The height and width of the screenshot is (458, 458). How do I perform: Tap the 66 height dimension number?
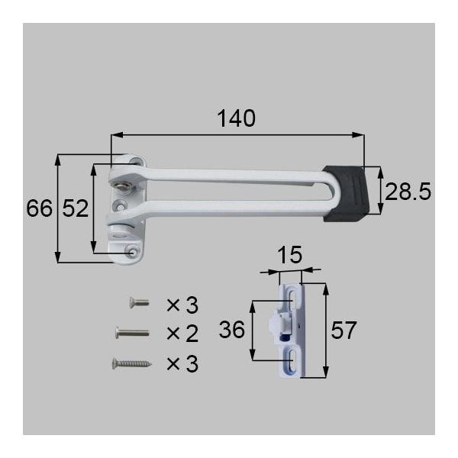pyautogui.click(x=38, y=208)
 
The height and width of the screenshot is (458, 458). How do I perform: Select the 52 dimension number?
pyautogui.click(x=75, y=208)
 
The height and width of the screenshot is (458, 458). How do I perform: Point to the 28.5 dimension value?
pyautogui.click(x=407, y=192)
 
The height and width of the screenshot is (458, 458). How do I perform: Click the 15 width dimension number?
pyautogui.click(x=289, y=254)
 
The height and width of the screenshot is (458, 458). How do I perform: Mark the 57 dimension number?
pyautogui.click(x=343, y=331)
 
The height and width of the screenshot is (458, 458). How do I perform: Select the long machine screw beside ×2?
pyautogui.click(x=131, y=333)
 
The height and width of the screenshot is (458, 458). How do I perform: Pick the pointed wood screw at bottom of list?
pyautogui.click(x=131, y=363)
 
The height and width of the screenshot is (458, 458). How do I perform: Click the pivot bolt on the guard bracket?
pyautogui.click(x=120, y=184)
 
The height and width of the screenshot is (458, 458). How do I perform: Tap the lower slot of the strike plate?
pyautogui.click(x=292, y=358)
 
